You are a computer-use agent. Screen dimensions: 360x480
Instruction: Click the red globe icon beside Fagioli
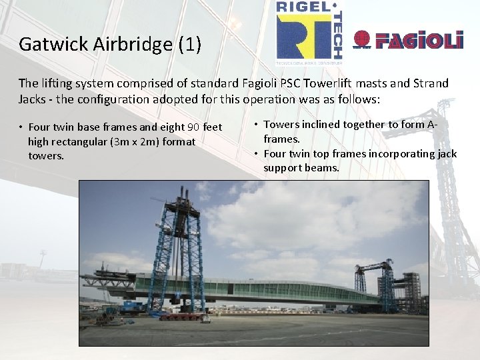(x=361, y=39)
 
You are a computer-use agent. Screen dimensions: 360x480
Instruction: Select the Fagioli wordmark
(x=419, y=41)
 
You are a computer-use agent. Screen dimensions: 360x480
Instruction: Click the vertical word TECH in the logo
(x=337, y=37)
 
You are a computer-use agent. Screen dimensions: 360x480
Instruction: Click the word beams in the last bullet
(x=323, y=168)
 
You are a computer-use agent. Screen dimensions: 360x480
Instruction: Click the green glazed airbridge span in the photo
(x=267, y=290)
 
